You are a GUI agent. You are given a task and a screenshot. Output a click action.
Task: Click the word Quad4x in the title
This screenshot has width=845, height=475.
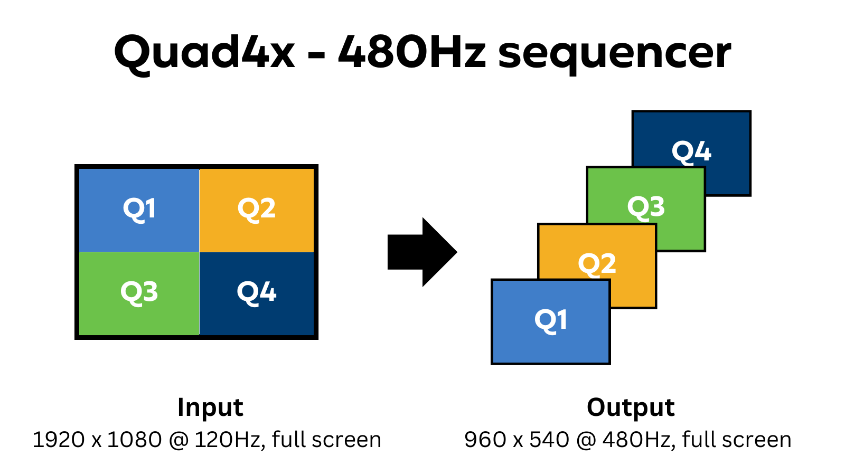tap(204, 53)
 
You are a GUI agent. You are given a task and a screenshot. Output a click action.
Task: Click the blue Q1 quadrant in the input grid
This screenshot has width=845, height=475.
tap(139, 210)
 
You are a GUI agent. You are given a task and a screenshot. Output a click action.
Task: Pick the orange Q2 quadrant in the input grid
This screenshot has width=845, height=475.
tap(257, 210)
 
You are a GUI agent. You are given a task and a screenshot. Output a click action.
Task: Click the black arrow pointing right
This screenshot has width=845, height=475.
tap(422, 252)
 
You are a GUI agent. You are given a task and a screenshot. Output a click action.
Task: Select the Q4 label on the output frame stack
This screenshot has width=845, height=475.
tap(691, 152)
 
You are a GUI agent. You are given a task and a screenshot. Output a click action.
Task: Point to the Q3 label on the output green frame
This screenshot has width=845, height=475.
tap(646, 207)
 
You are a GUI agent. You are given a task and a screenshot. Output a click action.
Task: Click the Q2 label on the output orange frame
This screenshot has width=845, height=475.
tap(597, 264)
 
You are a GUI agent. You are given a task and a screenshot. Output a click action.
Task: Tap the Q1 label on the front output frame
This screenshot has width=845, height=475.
tap(551, 320)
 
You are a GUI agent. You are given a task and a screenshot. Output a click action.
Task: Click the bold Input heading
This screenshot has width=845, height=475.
tap(210, 407)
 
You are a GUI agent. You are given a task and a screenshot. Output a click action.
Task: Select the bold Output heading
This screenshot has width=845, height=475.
tap(631, 407)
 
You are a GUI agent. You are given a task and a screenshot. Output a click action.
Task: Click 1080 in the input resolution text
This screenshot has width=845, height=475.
tap(134, 440)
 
